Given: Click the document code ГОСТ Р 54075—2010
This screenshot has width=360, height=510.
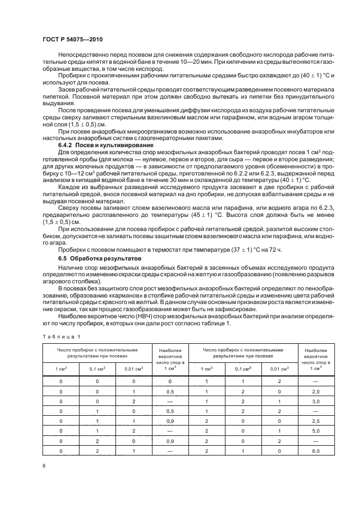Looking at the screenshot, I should coord(72,40).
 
